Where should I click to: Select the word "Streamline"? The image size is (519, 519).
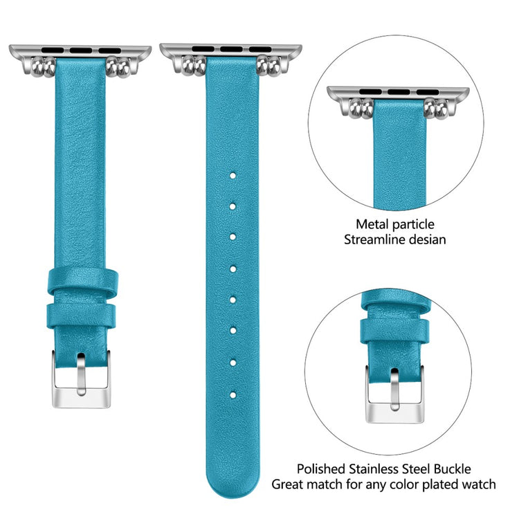coord(376,240)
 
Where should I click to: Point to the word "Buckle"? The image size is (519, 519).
coord(471,469)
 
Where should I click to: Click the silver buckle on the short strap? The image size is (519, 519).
coord(80,380)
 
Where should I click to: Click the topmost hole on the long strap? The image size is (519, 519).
coord(233,176)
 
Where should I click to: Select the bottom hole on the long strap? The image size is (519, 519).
coord(233,395)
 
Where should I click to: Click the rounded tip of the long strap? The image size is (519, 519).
coord(233,477)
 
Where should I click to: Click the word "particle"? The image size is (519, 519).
coord(413,224)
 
